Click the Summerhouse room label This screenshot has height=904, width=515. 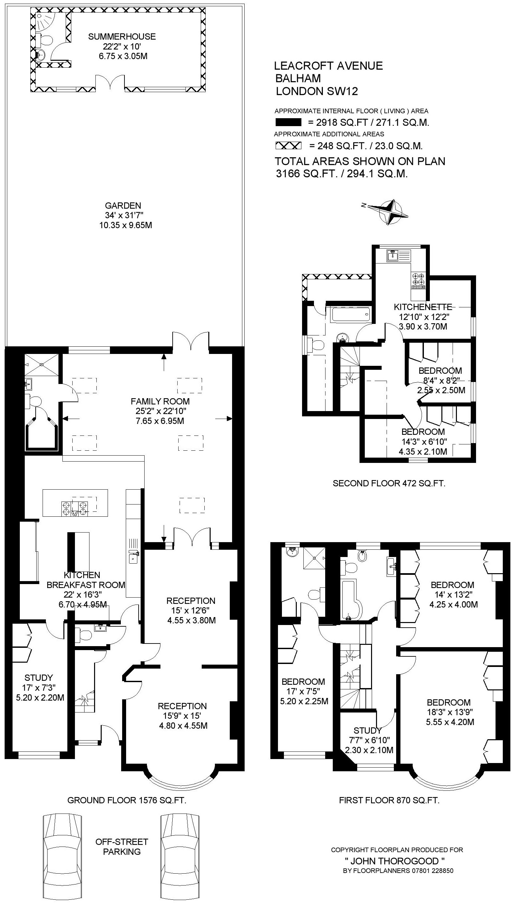click(x=122, y=36)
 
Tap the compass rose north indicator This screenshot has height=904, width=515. click(x=364, y=205)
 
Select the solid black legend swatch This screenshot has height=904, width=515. click(x=288, y=122)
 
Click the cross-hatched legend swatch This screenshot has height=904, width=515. click(x=288, y=145)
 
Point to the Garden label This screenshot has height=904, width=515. click(x=123, y=205)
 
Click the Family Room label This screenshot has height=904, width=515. click(x=160, y=401)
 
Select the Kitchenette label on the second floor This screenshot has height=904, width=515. click(x=423, y=307)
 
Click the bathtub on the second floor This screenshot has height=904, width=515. click(x=351, y=314)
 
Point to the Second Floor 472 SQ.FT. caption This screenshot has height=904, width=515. click(x=389, y=483)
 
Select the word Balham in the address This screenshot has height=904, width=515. click(x=298, y=78)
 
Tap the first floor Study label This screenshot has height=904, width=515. click(x=367, y=730)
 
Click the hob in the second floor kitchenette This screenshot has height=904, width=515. click(x=419, y=279)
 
